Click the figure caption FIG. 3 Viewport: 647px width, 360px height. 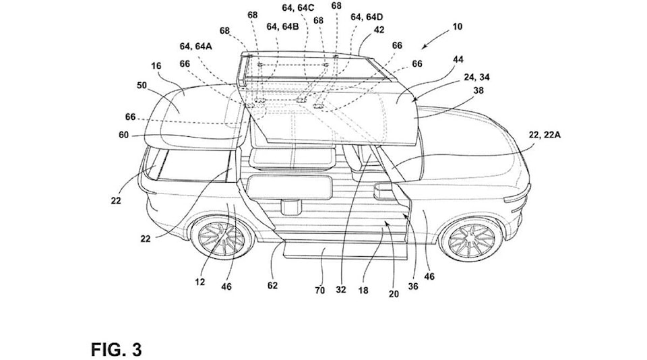pos(117,350)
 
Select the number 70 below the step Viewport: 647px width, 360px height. pos(320,291)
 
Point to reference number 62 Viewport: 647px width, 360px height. pos(272,284)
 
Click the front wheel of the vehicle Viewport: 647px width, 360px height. pos(470,240)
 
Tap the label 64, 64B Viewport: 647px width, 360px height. pos(282,27)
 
